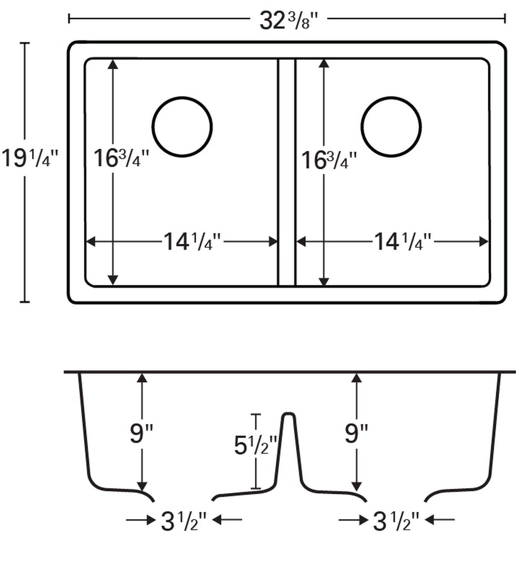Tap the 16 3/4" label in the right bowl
coord(329,160)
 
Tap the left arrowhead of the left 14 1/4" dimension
coord(90,242)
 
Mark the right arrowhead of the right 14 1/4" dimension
coord(484,242)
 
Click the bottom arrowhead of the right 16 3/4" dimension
coord(324,281)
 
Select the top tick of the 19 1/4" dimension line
coord(25,43)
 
